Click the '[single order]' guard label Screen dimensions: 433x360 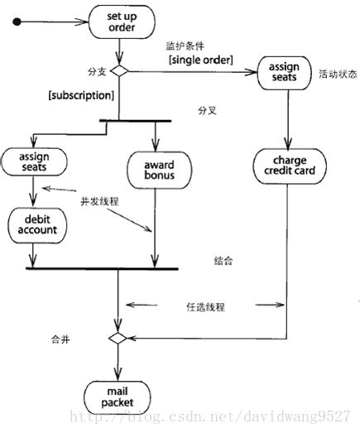point(200,61)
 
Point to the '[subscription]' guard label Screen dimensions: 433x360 point(81,95)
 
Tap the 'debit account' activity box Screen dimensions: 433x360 point(32,224)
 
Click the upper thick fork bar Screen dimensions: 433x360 point(135,122)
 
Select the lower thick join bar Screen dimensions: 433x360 point(102,268)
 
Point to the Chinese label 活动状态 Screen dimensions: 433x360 point(338,74)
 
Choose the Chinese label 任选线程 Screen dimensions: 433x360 point(206,306)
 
